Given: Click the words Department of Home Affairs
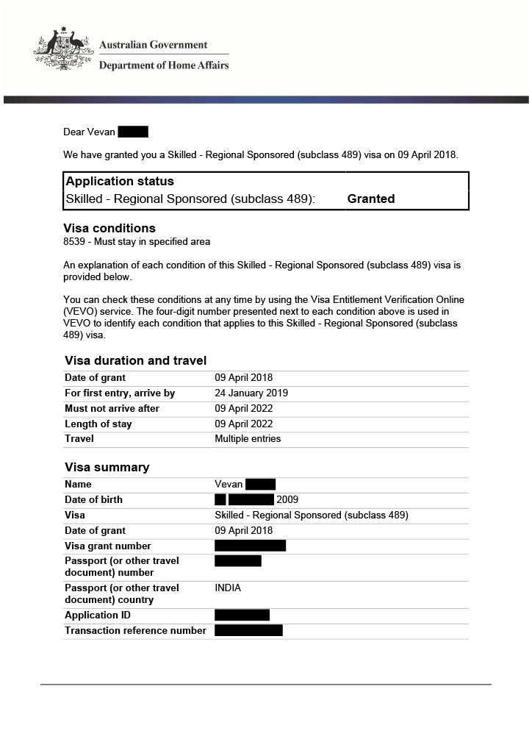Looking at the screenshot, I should pos(164,65).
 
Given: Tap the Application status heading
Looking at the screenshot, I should pos(120,182).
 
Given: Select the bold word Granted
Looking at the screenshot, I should pos(371,199).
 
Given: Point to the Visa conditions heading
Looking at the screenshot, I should pos(109,228).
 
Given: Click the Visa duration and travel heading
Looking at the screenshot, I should pos(135,360).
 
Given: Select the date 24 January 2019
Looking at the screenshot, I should pos(251,393).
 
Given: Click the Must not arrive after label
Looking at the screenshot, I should pos(112,409).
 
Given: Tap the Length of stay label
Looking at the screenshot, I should pos(98,424).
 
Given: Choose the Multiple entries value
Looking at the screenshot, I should pos(248,439).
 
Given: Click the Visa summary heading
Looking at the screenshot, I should pos(107,468).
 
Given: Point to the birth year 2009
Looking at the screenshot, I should pos(287,500).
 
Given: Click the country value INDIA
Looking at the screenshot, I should pos(228,588).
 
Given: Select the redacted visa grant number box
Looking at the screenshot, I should pos(250,546).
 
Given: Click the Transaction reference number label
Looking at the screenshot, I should pos(135,631).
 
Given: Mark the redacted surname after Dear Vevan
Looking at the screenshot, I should pos(133,132).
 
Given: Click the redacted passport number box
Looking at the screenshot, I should pos(238,561).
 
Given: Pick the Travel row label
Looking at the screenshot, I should pos(79,439).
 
